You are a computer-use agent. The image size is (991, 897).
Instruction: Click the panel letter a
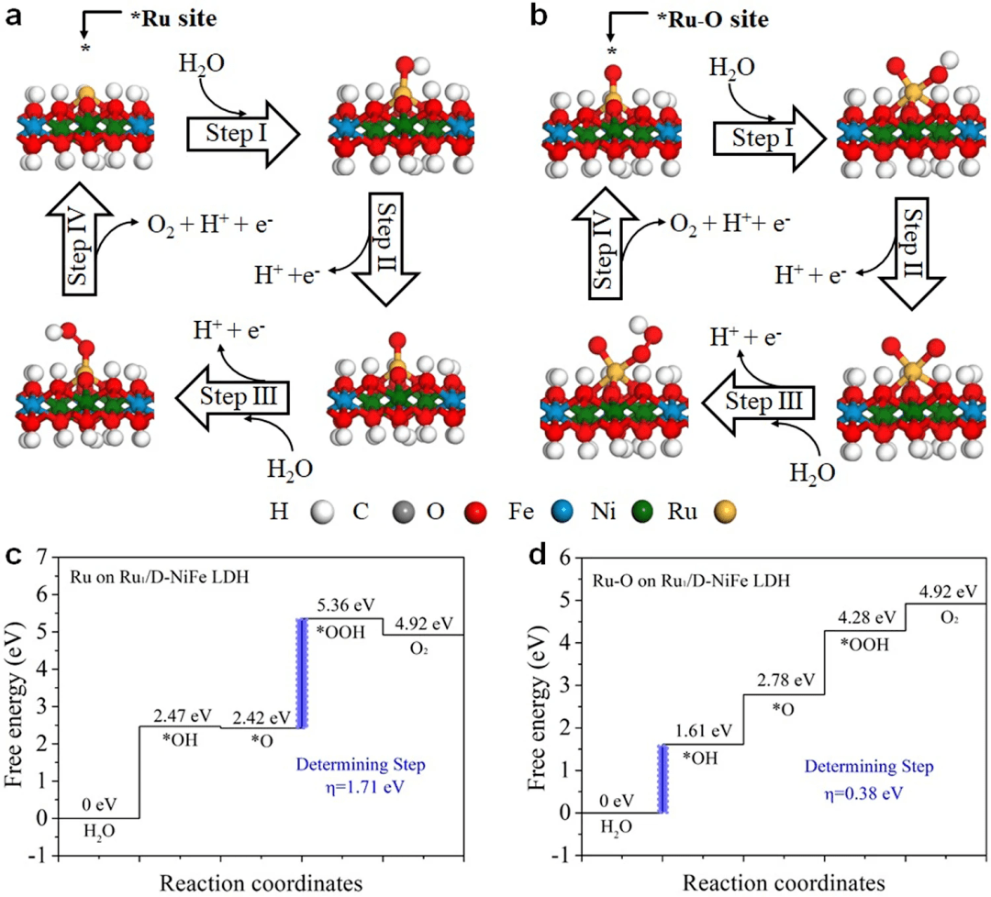(x=12, y=17)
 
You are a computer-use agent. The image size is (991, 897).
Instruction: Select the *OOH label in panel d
(x=864, y=643)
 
